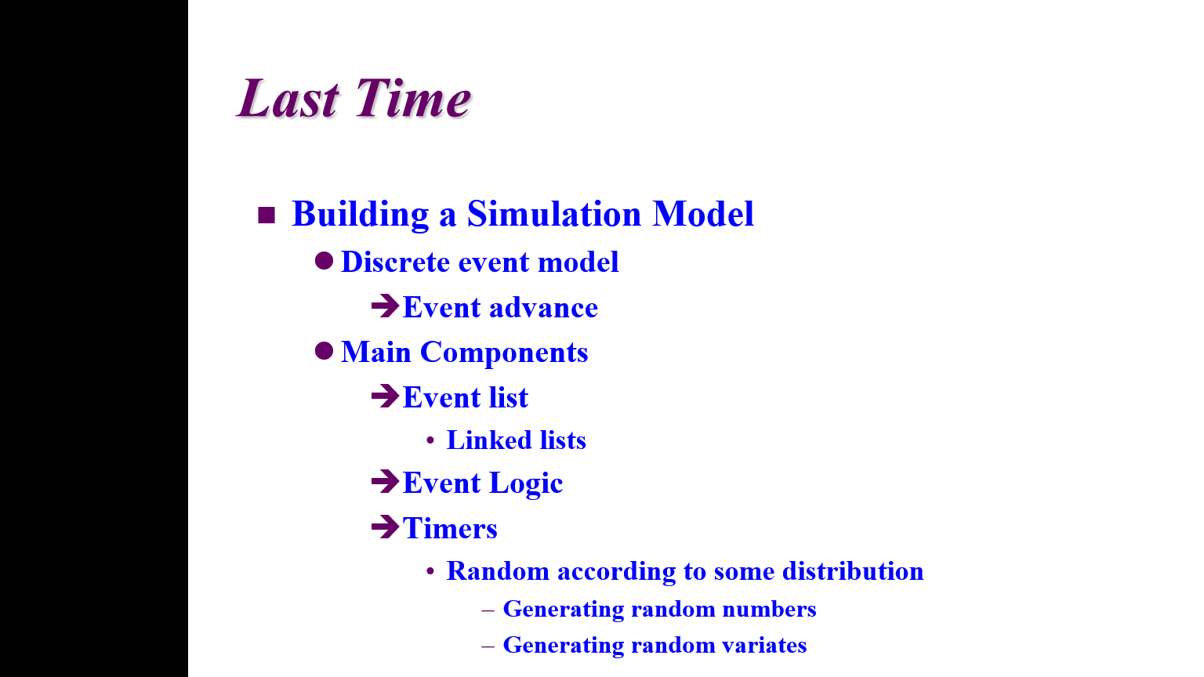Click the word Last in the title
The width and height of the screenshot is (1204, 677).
[288, 98]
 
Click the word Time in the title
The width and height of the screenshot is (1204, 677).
[412, 98]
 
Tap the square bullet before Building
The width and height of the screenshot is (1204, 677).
[267, 215]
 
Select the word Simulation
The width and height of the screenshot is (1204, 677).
[554, 214]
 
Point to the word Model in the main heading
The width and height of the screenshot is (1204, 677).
[703, 214]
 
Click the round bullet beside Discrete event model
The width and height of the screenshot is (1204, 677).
[324, 261]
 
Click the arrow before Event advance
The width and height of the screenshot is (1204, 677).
[385, 306]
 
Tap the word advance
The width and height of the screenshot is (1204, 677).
[543, 308]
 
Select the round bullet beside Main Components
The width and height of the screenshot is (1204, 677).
[324, 351]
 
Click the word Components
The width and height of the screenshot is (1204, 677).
[504, 353]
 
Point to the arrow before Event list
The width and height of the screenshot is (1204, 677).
[385, 396]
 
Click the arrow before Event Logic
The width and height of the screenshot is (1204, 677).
[385, 481]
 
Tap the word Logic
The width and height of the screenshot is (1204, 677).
[526, 483]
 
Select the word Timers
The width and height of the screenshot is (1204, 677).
[450, 528]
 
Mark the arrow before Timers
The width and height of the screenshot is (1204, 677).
[385, 527]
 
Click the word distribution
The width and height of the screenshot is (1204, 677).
[853, 570]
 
